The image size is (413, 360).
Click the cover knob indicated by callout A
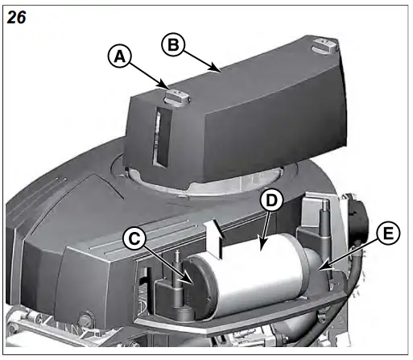(x=176, y=97)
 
